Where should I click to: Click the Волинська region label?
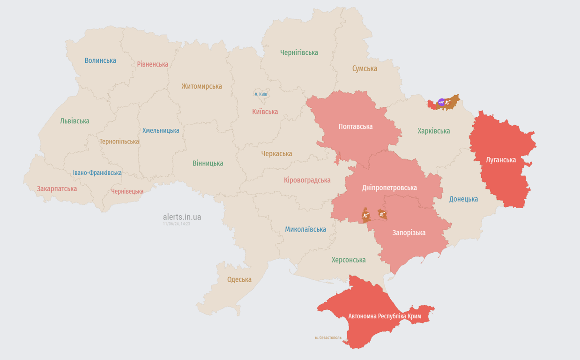pos(100,60)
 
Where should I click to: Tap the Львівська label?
pos(74,121)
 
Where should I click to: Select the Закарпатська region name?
pos(57,188)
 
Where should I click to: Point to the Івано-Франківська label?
pos(97,172)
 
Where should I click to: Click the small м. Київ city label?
pos(260,94)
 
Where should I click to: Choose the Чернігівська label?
pos(299,52)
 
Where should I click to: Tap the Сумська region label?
pos(364,68)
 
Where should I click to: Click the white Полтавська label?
pos(356,127)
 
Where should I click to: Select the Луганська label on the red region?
pos(501,160)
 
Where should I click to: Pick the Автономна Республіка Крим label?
pos(385,316)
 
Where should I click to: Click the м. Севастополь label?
pos(328,337)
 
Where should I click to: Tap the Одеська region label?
pos(239,279)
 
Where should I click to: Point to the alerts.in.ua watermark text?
pos(182,217)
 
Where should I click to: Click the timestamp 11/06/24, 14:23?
pos(176,224)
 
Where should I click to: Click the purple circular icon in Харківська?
pos(441,102)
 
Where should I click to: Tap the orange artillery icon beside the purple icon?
pos(448,102)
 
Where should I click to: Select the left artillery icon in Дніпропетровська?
pos(366,215)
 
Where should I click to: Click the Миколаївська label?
pos(305,229)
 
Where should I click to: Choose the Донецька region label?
pos(463,199)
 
